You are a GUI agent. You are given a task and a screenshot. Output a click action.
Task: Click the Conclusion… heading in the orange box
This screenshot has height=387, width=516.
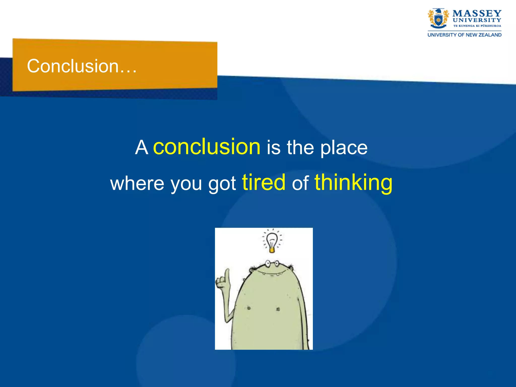(x=82, y=66)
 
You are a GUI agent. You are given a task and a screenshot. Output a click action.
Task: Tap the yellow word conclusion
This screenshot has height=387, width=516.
(x=207, y=147)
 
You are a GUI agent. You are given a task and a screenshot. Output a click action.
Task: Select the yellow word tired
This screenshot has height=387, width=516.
(x=264, y=182)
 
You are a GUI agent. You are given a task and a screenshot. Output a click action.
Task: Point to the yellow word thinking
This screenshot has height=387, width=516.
(x=353, y=183)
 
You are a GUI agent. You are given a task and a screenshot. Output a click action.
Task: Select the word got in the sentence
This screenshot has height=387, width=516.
(x=222, y=184)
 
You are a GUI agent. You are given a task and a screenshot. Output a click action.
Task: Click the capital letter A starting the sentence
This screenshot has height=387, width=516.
(x=141, y=148)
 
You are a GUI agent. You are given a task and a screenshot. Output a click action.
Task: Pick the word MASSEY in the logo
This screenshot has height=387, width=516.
(x=477, y=13)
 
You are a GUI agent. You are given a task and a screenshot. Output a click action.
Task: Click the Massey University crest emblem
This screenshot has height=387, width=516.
(x=438, y=19)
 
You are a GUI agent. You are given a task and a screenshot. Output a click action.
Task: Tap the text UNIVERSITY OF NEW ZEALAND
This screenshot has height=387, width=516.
(x=464, y=35)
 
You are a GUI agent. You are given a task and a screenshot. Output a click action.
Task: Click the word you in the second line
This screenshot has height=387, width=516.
(x=186, y=184)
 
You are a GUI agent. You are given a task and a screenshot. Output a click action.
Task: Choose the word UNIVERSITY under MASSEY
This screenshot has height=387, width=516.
(x=477, y=20)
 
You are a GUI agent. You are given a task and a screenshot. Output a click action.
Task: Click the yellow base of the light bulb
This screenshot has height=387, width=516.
(x=272, y=250)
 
